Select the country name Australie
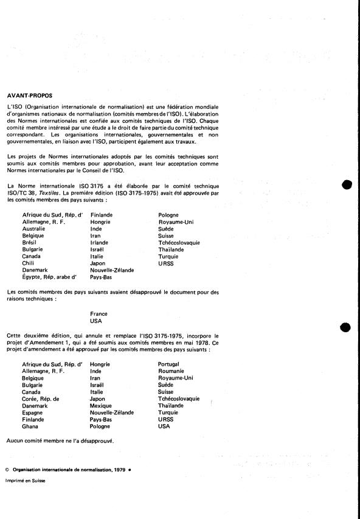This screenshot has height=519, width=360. point(34,229)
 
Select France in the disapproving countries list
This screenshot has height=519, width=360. point(99,314)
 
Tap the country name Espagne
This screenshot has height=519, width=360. point(33,411)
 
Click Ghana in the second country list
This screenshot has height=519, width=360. point(30,425)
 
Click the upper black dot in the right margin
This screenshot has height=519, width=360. point(346,184)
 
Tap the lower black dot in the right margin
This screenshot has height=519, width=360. point(346,327)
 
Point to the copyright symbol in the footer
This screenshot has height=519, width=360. point(7,469)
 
